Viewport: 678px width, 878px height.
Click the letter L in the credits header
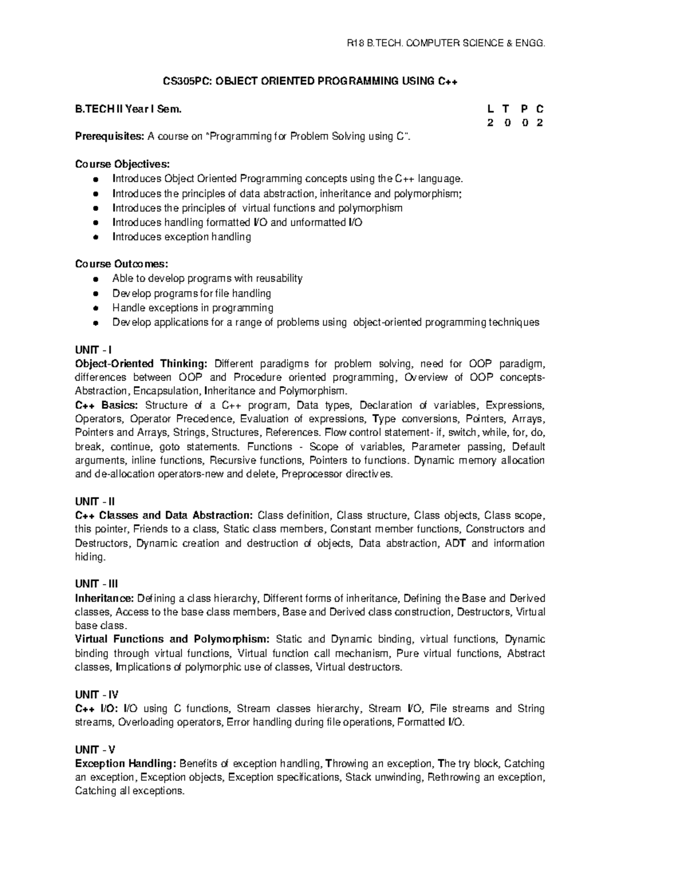click(490, 109)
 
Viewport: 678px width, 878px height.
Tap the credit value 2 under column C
click(540, 123)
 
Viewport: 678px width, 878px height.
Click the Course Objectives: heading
click(122, 164)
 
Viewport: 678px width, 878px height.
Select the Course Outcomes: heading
click(121, 264)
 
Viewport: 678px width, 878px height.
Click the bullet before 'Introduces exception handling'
click(97, 237)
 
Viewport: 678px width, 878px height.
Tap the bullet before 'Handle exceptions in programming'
click(97, 309)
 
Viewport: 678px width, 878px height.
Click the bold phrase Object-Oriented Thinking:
click(141, 364)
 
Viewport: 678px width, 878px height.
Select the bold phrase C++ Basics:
click(106, 405)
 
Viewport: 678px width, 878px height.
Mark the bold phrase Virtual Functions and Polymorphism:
click(172, 639)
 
